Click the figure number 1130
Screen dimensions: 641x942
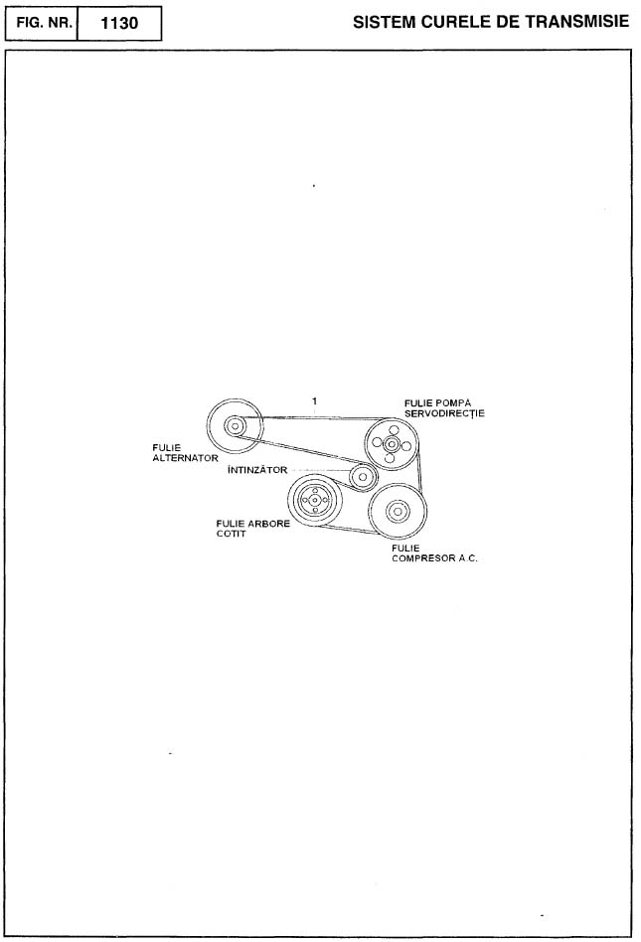(119, 24)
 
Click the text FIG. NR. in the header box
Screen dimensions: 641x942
(44, 23)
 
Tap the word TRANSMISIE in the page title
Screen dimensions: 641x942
(577, 22)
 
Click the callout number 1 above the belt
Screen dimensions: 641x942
(314, 400)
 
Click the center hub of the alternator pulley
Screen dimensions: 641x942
(235, 426)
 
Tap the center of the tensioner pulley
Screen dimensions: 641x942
(363, 477)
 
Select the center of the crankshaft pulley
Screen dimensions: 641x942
(315, 499)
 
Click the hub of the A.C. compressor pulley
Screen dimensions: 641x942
(397, 512)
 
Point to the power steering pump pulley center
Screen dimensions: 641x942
(392, 444)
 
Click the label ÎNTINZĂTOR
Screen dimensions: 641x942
(257, 470)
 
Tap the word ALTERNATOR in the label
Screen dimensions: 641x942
(185, 458)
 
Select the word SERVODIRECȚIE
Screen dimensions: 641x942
(444, 413)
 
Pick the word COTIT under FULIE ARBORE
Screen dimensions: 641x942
(231, 534)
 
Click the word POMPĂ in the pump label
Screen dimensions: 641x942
(454, 402)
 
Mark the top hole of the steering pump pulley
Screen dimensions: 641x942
(394, 430)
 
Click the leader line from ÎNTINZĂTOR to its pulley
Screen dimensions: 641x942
(322, 470)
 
